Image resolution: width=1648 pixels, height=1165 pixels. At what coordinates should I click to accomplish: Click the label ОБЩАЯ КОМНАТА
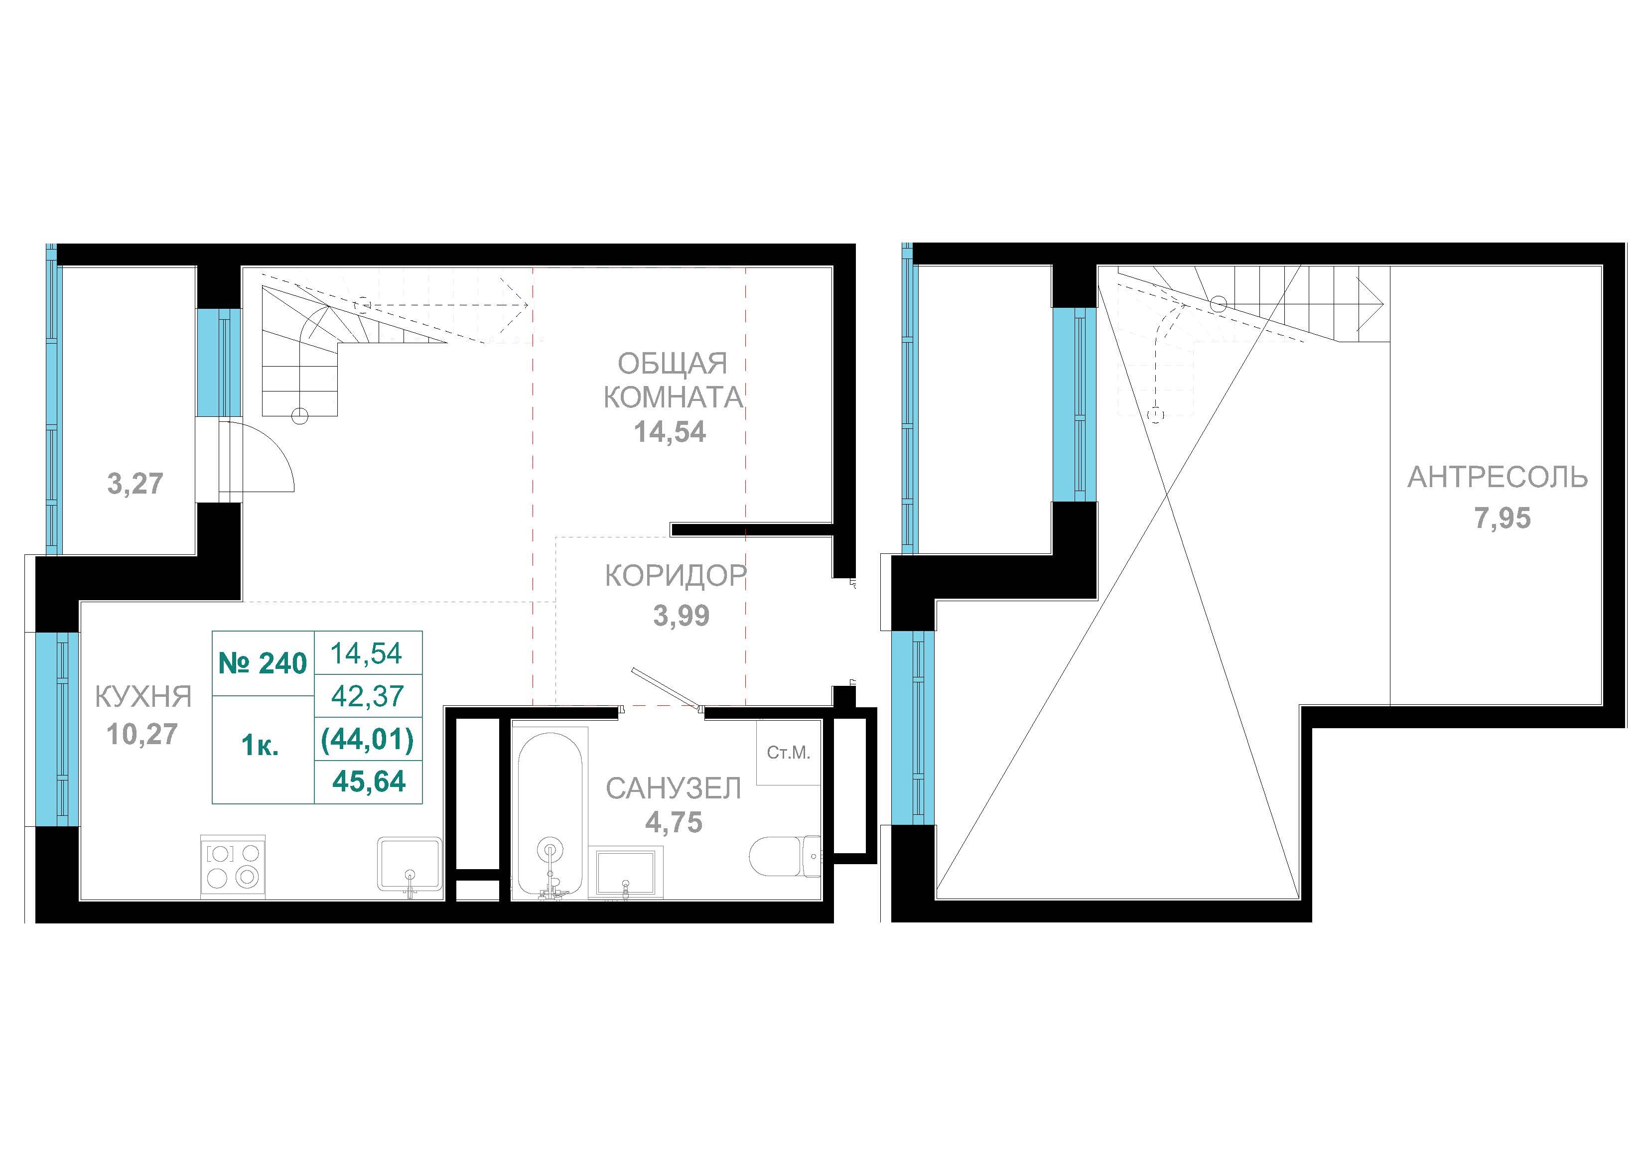[x=673, y=381]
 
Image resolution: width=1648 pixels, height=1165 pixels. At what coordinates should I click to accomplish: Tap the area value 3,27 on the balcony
[x=135, y=484]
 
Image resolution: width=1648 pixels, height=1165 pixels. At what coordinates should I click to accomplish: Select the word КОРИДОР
[x=676, y=576]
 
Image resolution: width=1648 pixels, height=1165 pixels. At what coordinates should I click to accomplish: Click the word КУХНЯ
[x=143, y=696]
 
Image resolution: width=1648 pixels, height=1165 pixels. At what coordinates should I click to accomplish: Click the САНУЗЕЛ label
[x=673, y=789]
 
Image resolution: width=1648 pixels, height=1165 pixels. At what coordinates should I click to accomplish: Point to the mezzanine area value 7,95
[x=1503, y=518]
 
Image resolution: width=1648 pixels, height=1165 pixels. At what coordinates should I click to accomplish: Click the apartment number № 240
[x=263, y=663]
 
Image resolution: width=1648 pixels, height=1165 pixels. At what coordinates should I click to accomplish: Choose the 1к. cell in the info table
[x=261, y=747]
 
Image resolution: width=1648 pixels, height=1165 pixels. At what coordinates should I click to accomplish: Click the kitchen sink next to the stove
[x=409, y=866]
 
